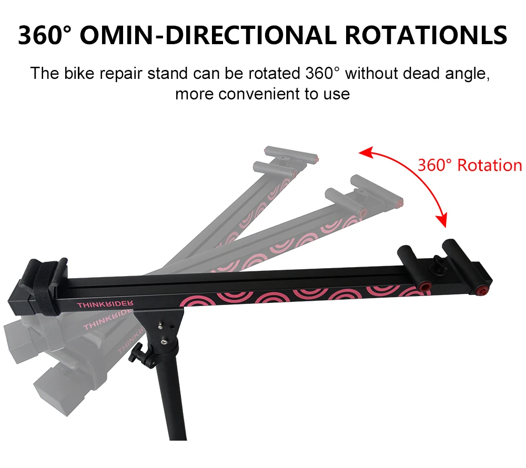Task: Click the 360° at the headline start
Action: [x=44, y=35]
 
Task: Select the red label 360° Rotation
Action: [x=469, y=165]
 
